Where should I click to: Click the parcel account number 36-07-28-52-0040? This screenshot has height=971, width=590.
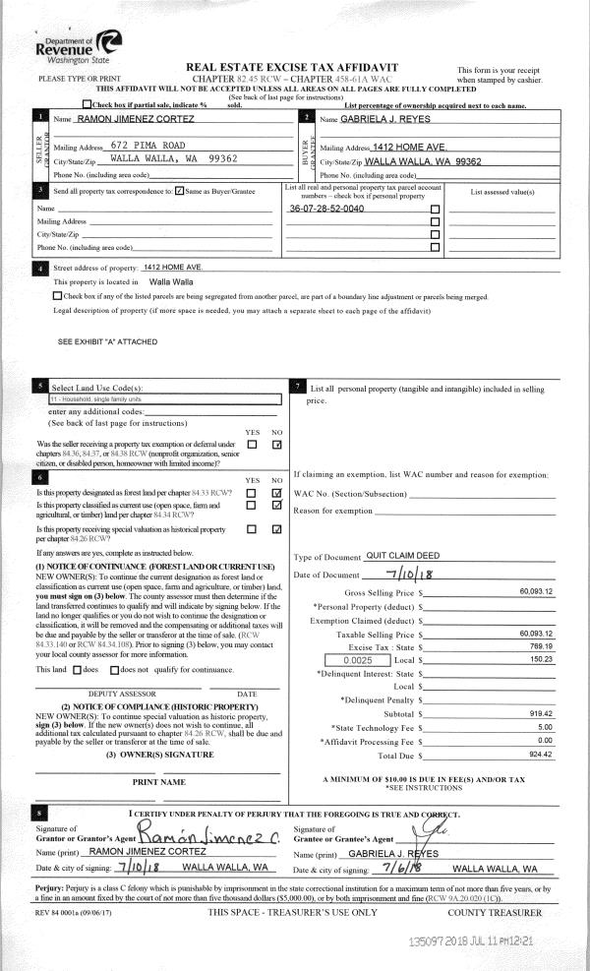(327, 210)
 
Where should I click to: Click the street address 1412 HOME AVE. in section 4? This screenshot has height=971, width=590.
(173, 267)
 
